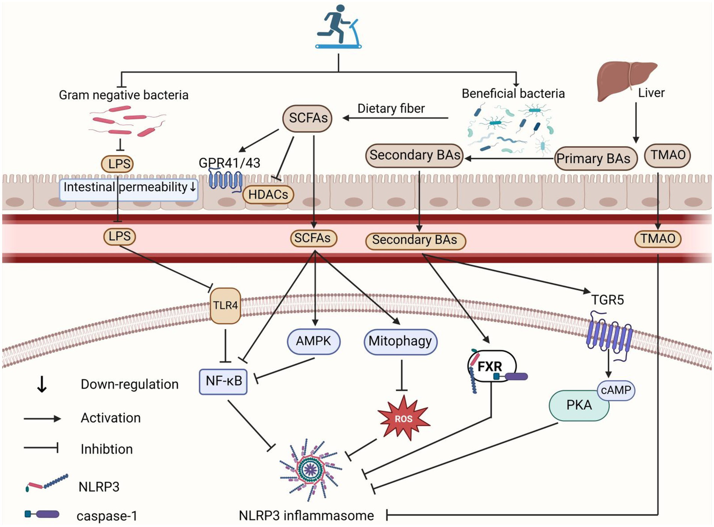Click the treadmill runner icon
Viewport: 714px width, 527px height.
(x=338, y=27)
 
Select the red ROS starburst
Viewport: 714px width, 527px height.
(x=403, y=418)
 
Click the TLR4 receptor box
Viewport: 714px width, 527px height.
(x=226, y=306)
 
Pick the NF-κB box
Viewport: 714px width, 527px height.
(x=223, y=381)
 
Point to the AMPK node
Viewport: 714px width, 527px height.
(x=314, y=341)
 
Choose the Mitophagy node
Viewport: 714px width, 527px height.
(x=400, y=341)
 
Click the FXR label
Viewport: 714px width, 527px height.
(x=490, y=367)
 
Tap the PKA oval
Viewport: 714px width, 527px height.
(x=579, y=405)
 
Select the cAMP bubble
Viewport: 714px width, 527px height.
(x=616, y=390)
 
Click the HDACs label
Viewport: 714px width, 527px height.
(x=268, y=194)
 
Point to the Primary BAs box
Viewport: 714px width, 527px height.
(x=594, y=159)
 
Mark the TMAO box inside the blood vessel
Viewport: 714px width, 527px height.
(x=658, y=239)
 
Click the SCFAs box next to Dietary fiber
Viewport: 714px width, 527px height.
(x=308, y=118)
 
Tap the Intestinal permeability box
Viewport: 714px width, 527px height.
(x=129, y=187)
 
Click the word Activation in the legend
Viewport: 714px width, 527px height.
(x=111, y=418)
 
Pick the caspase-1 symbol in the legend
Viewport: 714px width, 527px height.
(x=42, y=514)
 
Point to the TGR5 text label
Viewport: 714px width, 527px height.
(x=607, y=300)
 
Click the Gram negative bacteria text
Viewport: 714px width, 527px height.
(x=124, y=95)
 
